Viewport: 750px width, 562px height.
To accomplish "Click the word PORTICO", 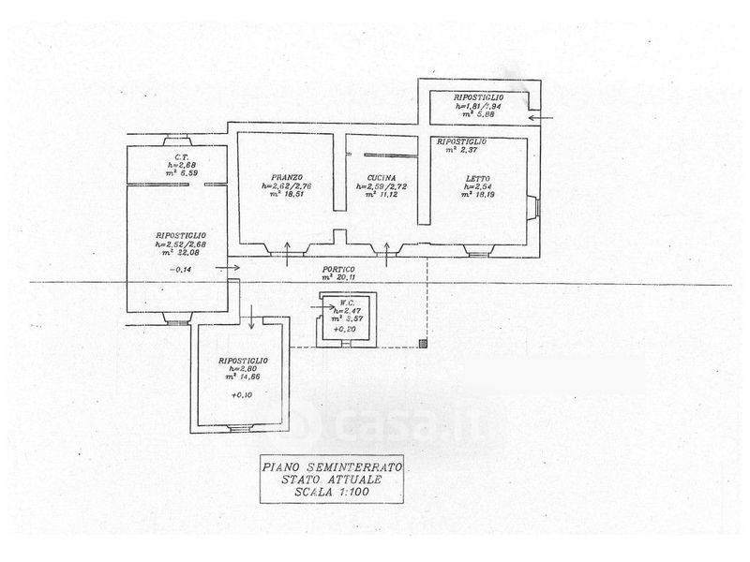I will pos(340,268).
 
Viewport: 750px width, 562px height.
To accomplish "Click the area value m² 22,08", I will pos(182,253).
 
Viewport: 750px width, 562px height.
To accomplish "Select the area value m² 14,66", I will pos(244,377).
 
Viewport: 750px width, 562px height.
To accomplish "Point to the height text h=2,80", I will pos(244,368).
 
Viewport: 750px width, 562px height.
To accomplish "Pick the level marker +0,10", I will pos(242,396).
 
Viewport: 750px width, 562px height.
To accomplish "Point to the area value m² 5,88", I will pos(478,114).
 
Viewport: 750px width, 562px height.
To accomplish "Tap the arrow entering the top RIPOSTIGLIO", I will pos(546,118).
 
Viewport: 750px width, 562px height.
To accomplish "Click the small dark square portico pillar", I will pos(424,344).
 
